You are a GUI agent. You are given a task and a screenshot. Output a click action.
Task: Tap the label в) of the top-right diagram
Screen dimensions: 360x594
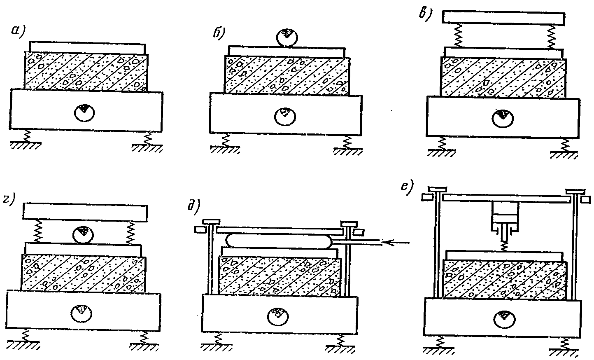(424, 14)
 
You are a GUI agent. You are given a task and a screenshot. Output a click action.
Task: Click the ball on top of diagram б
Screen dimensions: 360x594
(287, 38)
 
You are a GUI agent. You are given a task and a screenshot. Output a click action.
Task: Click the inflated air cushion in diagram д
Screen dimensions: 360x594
(279, 241)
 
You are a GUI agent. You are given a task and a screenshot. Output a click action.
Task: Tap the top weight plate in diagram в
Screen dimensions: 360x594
(503, 16)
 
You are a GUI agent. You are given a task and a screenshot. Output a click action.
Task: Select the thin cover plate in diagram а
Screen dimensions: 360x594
(87, 47)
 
